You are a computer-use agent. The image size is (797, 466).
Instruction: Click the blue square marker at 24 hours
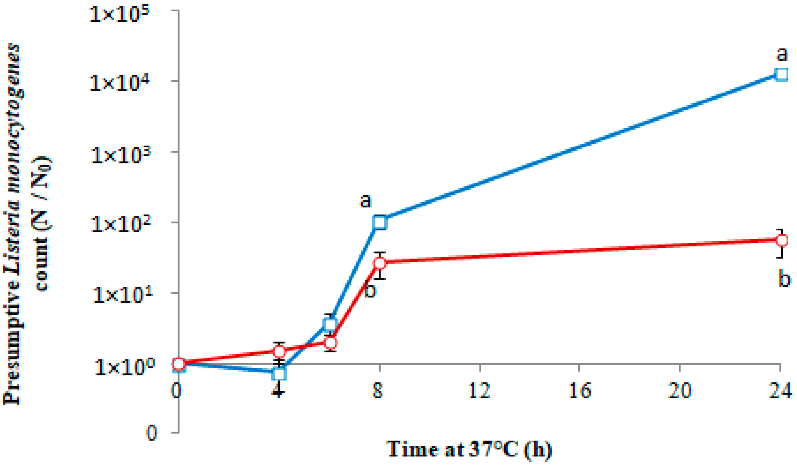pos(782,75)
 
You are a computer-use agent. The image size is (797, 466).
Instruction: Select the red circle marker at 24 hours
pos(782,240)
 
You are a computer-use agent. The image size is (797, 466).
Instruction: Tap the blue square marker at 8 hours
pos(379,222)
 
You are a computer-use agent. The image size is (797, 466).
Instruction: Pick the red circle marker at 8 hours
pos(380,263)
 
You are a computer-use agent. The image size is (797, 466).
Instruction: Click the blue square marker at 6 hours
pos(329,324)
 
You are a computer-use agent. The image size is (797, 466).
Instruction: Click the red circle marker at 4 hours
pos(279,351)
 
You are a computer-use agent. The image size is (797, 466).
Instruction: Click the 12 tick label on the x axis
pos(479,391)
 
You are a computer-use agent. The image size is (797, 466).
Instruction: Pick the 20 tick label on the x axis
pos(680,391)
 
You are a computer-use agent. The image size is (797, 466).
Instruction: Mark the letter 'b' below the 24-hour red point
pos(784,279)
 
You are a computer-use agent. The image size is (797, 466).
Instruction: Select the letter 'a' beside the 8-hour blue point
pos(366,200)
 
